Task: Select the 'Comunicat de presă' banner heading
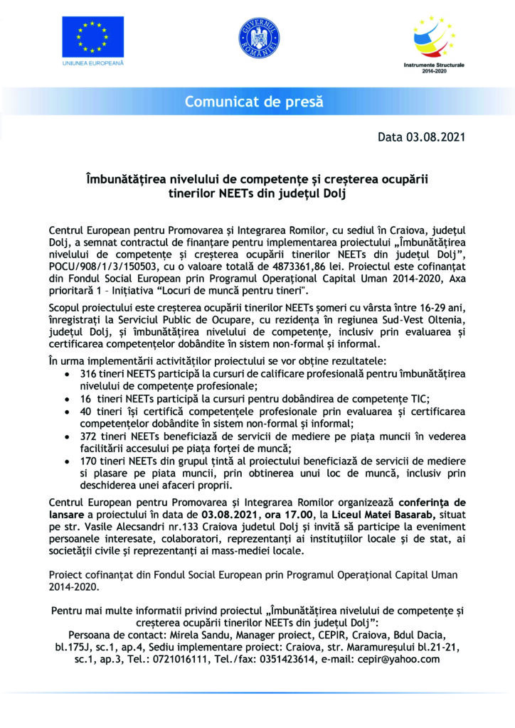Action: [254, 102]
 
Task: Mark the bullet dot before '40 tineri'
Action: [66, 413]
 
